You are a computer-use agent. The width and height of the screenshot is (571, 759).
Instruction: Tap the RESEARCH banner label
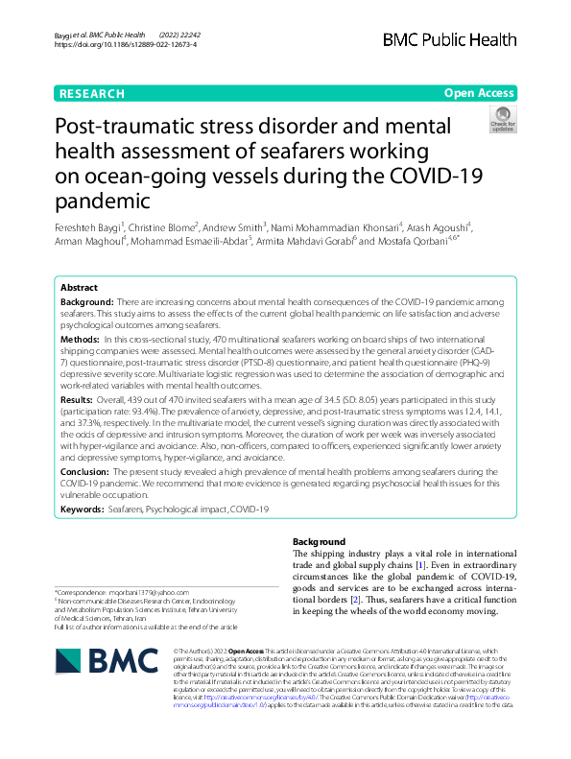coord(91,94)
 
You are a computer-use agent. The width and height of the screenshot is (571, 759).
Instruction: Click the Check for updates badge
coord(502,121)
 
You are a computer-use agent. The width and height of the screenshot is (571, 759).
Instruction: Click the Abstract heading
coord(79,288)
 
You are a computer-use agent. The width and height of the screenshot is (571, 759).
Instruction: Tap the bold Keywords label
coord(83,509)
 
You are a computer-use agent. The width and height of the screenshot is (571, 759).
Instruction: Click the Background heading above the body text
coord(319,542)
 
